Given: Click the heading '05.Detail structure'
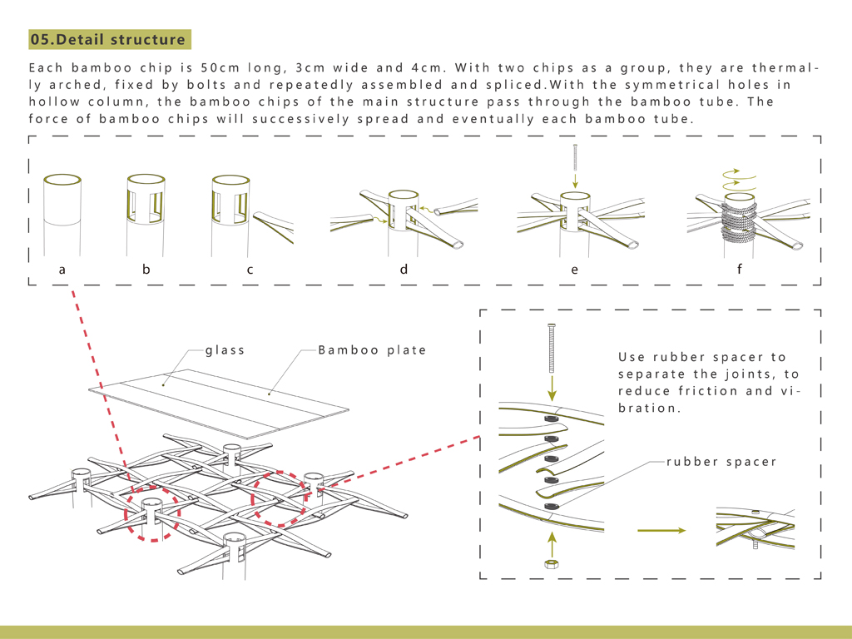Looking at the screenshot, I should click(x=108, y=39).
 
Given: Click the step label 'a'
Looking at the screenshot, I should click(x=62, y=270).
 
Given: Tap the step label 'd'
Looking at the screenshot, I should click(x=404, y=270).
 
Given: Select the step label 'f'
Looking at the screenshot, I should click(x=739, y=270).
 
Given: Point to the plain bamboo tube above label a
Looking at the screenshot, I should click(x=62, y=208).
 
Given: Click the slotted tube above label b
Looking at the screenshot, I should click(x=146, y=204).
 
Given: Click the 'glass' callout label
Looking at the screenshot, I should click(x=225, y=350).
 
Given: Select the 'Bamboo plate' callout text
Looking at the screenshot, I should click(x=372, y=350).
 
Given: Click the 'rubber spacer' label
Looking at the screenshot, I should click(x=721, y=461).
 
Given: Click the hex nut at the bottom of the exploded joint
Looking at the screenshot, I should click(x=550, y=563).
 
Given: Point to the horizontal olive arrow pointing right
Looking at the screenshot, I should click(x=661, y=530).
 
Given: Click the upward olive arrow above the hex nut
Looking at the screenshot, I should click(x=550, y=542).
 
